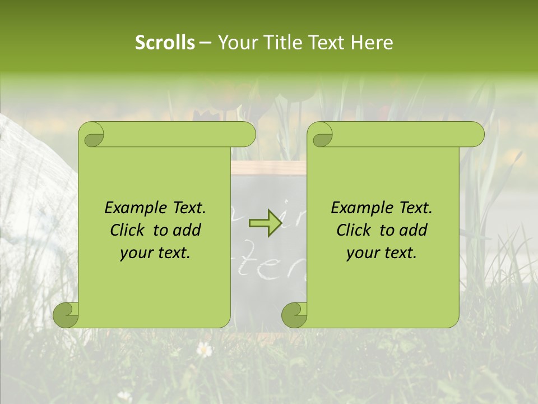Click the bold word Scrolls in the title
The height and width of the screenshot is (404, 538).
165,43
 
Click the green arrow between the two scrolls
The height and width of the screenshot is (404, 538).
265,223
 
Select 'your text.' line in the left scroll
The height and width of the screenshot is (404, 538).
155,253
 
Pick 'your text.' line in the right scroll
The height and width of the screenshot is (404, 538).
382,253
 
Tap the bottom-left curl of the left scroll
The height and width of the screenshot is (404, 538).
66,315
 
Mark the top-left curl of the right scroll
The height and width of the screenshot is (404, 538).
321,135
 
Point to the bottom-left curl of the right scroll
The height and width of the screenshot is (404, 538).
295,315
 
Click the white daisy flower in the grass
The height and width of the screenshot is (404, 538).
205,350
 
